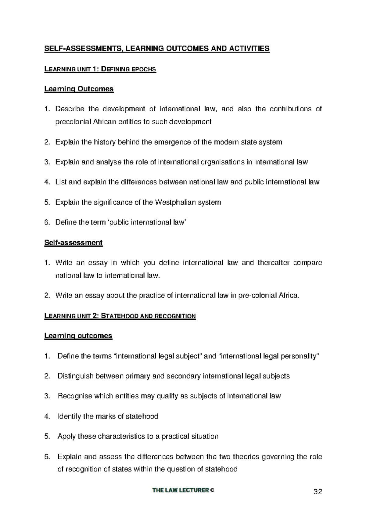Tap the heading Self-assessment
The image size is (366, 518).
pyautogui.click(x=73, y=243)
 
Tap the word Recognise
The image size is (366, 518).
pyautogui.click(x=75, y=396)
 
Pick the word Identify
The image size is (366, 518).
pyautogui.click(x=70, y=416)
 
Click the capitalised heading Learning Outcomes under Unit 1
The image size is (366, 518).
pyautogui.click(x=79, y=89)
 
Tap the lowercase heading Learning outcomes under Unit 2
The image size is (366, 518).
pyautogui.click(x=78, y=336)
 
